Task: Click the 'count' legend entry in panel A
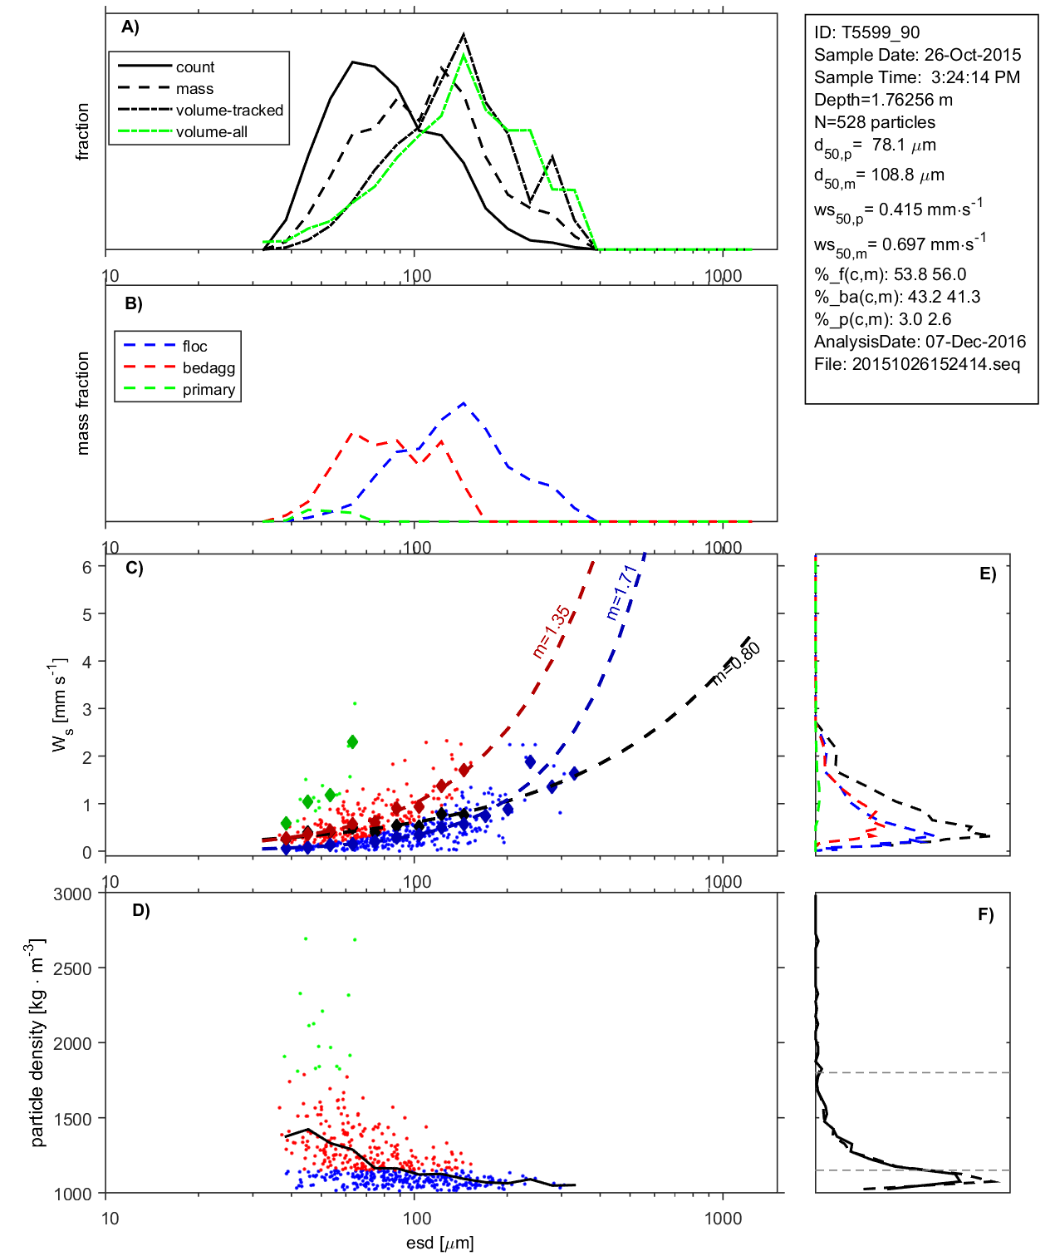coord(194,67)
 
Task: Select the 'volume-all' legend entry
coord(211,132)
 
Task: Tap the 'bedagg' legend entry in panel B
coord(209,368)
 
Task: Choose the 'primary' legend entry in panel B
coord(209,390)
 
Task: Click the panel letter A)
coord(130,27)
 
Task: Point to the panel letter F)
coord(986,915)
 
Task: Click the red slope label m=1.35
coord(552,632)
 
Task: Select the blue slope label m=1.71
coord(621,592)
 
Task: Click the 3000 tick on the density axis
coord(72,894)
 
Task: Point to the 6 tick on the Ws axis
coord(86,567)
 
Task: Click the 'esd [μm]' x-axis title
coord(439,1243)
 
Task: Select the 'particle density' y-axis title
coord(37,1043)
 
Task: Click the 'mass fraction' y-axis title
coord(83,403)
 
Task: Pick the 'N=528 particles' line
coord(874,122)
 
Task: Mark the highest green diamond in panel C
coord(352,741)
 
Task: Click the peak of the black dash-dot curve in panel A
coord(464,35)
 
